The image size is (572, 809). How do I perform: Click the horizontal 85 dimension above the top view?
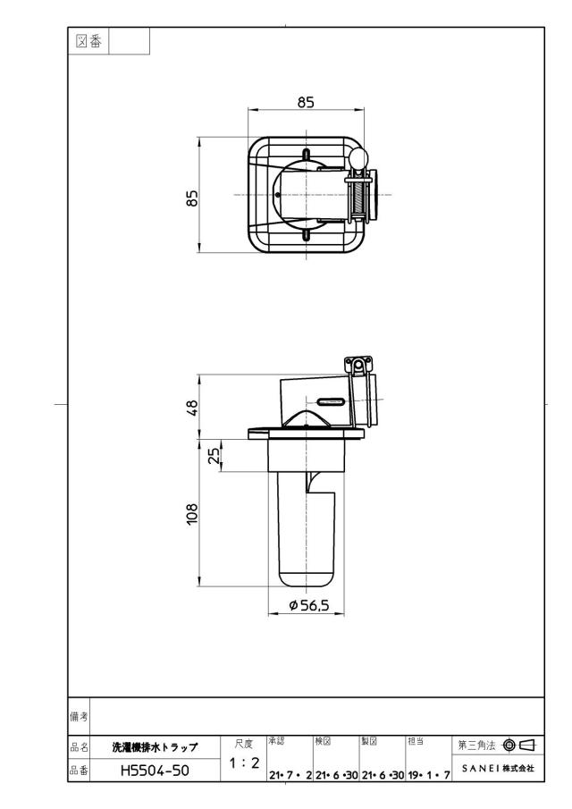tap(306, 102)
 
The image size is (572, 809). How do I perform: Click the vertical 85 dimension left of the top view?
tap(192, 198)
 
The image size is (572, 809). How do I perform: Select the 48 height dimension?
tap(192, 408)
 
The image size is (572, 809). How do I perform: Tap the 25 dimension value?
tap(214, 455)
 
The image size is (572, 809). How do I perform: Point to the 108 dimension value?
tap(192, 514)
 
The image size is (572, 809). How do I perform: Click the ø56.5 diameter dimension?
tap(309, 605)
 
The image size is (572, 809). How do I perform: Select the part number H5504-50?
tap(155, 771)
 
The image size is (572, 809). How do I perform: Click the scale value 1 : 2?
tap(244, 763)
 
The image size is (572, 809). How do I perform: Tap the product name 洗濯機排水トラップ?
tap(155, 747)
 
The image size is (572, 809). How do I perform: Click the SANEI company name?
tap(498, 768)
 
